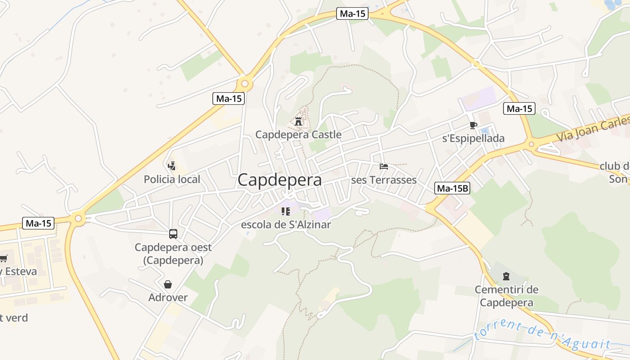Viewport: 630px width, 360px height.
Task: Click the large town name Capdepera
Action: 279,180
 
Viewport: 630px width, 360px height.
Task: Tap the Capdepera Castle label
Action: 298,135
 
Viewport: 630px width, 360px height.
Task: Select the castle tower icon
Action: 298,121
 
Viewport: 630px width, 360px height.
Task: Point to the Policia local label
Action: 172,180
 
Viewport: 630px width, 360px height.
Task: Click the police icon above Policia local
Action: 171,166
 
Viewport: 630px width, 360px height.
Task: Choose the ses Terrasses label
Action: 384,180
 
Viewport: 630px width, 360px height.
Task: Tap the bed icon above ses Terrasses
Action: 384,166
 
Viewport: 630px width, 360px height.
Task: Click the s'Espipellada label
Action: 473,138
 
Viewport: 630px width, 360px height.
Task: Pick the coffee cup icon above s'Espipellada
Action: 473,125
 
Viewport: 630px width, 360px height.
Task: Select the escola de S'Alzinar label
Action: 286,225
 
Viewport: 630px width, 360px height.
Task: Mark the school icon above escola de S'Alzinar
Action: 285,211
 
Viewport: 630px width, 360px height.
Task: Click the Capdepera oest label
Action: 173,247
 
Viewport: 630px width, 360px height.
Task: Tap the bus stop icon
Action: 173,234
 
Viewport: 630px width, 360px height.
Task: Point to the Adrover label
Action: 168,297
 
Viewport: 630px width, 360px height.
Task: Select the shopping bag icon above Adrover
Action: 168,284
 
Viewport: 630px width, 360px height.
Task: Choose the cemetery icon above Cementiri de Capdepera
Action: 506,276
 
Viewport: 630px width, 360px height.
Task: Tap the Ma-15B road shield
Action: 452,189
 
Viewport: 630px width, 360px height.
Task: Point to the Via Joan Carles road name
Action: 592,129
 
